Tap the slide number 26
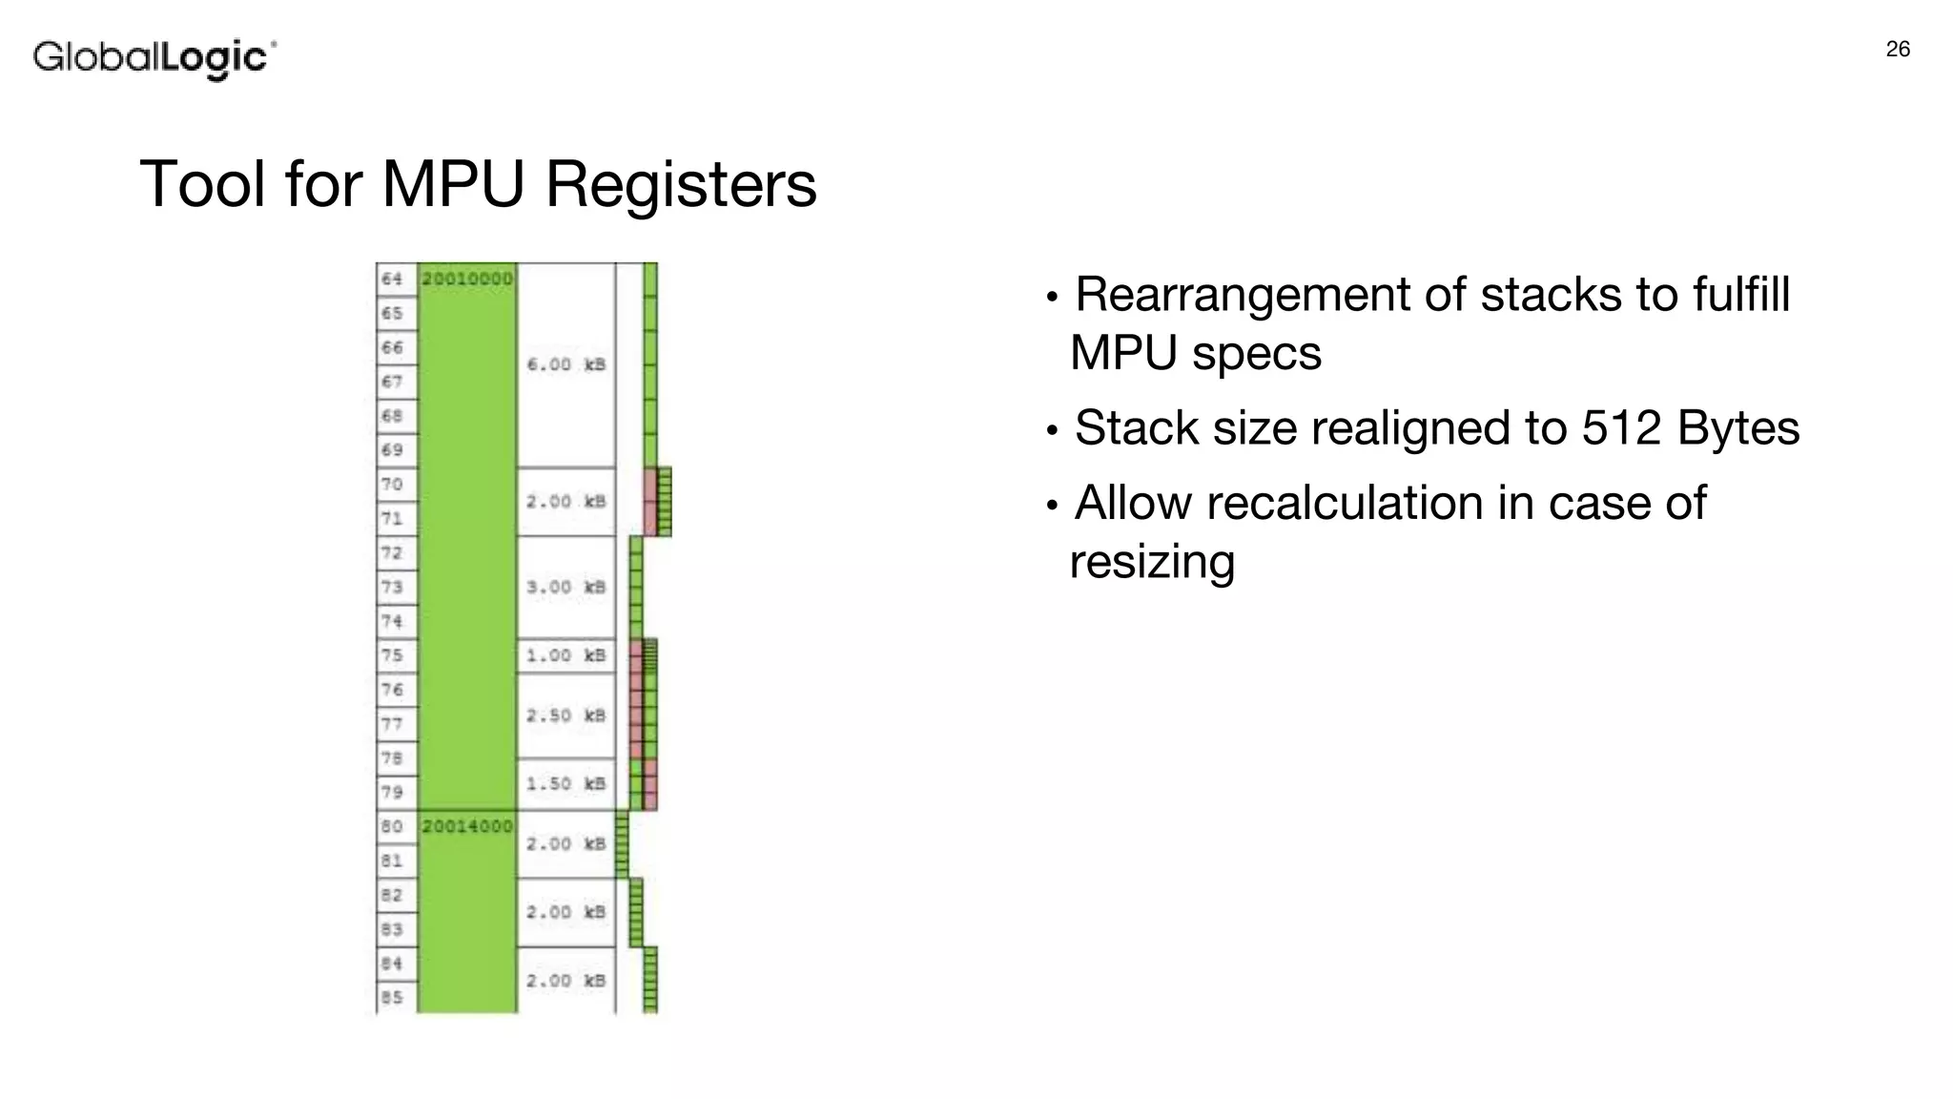(x=1898, y=50)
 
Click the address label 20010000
(x=467, y=279)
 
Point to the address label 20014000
(x=467, y=826)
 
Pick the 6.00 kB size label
(x=566, y=364)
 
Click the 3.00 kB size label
(x=566, y=587)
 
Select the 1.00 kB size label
(x=566, y=655)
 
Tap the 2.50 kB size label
(x=566, y=715)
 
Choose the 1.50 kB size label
(x=566, y=783)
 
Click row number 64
(x=392, y=279)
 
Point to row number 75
(x=392, y=655)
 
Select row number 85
(x=392, y=998)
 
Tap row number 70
(x=392, y=485)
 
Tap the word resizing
(x=1152, y=561)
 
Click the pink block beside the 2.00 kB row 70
(x=650, y=502)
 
